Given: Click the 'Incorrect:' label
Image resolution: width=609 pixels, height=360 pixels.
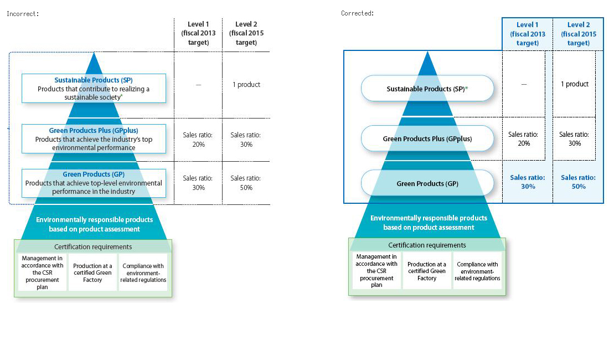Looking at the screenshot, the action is [23, 14].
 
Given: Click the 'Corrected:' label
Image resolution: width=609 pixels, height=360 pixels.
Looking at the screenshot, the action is [357, 13].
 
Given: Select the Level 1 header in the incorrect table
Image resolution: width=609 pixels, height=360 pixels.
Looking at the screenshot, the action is [198, 33].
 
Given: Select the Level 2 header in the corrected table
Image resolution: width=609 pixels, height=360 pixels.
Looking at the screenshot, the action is [579, 34].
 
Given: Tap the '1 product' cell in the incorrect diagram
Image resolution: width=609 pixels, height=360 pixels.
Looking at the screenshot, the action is [246, 85].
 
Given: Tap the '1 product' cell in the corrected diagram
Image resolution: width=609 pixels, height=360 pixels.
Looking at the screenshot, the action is [575, 84].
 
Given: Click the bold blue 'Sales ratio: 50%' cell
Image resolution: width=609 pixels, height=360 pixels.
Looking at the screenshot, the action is [578, 182].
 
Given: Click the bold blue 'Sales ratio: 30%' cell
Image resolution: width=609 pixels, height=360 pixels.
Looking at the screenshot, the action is [528, 182].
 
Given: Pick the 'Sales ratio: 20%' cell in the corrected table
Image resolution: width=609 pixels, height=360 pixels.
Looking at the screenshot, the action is [523, 138].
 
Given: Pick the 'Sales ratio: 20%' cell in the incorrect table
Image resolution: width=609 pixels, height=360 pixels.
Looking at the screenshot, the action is [198, 140].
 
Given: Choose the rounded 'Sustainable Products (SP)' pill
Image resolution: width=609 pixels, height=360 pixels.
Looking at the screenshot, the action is [427, 89].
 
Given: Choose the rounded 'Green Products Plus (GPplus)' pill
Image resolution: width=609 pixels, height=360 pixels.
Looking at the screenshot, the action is [427, 138].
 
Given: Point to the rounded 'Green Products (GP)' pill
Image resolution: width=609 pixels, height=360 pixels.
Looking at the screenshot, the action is [427, 183].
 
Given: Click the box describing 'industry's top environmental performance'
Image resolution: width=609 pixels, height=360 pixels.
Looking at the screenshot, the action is [94, 138].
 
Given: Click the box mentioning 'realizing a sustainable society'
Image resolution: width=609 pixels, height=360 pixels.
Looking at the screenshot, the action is [94, 89].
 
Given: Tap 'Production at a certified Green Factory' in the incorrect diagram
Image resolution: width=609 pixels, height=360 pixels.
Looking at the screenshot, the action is [92, 272].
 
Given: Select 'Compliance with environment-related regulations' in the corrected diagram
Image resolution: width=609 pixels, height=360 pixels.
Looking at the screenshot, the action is [477, 271].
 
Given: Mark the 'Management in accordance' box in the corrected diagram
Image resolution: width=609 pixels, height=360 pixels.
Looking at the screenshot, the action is [376, 271].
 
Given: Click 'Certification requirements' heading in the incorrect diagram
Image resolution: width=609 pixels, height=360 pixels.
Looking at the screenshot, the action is [93, 247].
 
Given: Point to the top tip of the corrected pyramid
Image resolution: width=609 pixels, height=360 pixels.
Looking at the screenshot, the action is [427, 52].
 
